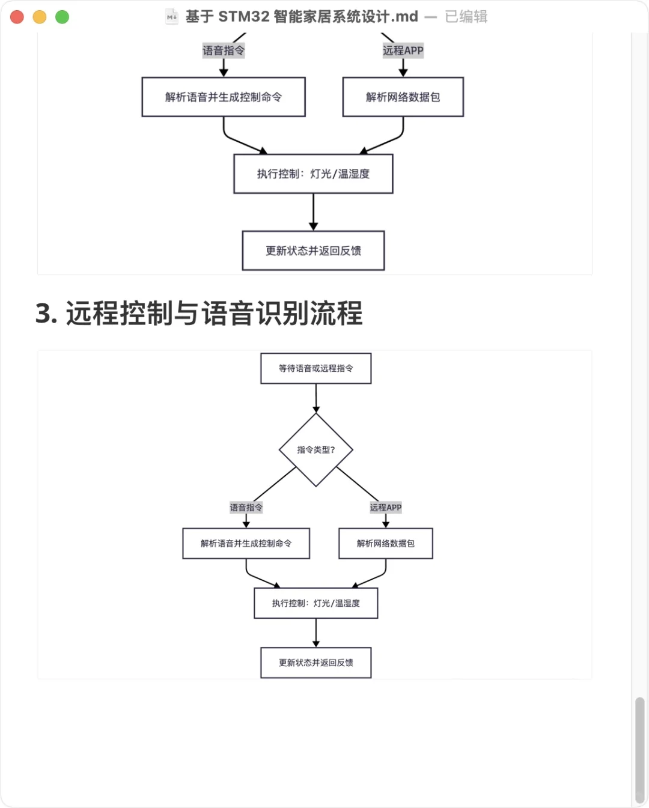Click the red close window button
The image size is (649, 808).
point(17,17)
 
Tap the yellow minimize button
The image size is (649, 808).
point(40,17)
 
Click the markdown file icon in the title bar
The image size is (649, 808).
point(172,17)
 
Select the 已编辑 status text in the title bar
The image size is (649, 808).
point(466,17)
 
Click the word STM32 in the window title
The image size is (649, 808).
point(243,17)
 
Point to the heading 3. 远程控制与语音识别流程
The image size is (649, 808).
point(199,314)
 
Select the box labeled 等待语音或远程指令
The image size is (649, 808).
point(315,368)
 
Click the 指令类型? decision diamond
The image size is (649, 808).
point(315,449)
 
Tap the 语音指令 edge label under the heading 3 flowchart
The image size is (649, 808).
point(246,508)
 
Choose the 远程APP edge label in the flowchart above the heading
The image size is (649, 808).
point(403,50)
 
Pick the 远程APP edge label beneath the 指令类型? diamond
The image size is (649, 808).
point(385,508)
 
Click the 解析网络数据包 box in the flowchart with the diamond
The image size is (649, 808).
point(385,544)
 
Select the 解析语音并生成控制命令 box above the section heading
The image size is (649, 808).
point(224,97)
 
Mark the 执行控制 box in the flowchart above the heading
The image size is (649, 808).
point(313,174)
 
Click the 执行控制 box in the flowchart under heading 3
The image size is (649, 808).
point(315,603)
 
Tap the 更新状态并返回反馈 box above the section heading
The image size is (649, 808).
point(313,251)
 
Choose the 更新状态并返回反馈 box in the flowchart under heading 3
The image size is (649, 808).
point(315,663)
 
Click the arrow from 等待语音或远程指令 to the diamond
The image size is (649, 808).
point(316,398)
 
